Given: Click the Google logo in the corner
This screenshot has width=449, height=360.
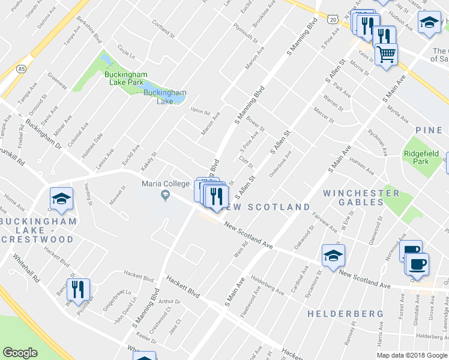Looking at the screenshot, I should [x=20, y=353].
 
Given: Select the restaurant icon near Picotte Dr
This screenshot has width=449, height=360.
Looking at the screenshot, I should [x=78, y=290].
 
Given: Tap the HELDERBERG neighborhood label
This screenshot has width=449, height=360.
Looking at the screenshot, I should [x=345, y=314].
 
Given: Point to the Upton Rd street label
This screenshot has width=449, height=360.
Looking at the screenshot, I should [x=200, y=111].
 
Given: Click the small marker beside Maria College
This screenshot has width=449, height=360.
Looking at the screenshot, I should [x=164, y=196].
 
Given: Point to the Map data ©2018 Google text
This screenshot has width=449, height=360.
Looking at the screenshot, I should [x=411, y=355].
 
